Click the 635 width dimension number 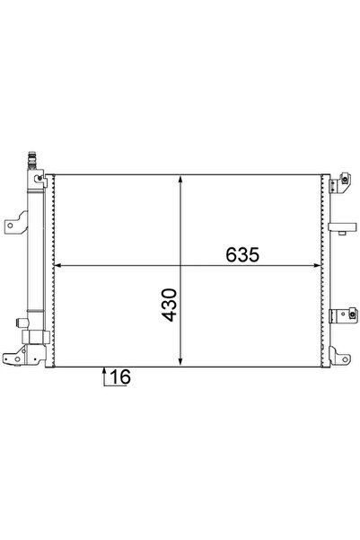(241, 254)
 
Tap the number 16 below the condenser (120, 377)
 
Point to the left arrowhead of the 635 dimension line (60, 266)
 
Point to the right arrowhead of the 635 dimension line (317, 266)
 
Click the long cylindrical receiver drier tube (36, 252)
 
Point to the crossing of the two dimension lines (183, 266)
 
